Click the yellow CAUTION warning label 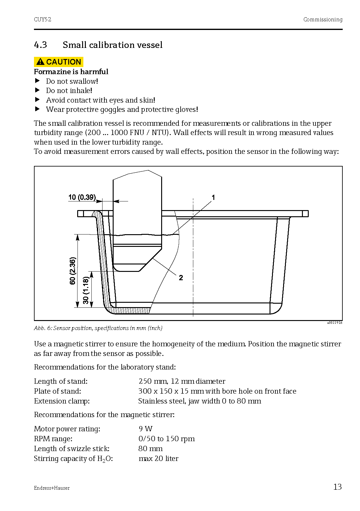coord(59,62)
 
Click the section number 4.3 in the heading coord(40,45)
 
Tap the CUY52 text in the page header coord(43,19)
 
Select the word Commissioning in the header coord(323,19)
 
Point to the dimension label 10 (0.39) coord(82,197)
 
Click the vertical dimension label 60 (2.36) coord(73,271)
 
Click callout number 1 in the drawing coord(213,197)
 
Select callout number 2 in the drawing coord(181,278)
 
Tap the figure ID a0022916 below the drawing coord(335,323)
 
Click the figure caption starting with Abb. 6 coord(98,328)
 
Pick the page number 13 coord(337,487)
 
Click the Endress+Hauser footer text coord(52,488)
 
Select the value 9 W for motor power coord(145,429)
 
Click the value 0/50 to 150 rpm coord(166,439)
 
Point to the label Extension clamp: coord(62,401)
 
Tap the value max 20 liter coord(158,458)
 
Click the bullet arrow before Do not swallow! coord(37,81)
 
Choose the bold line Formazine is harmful coord(71,72)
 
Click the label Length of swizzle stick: coord(72,449)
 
